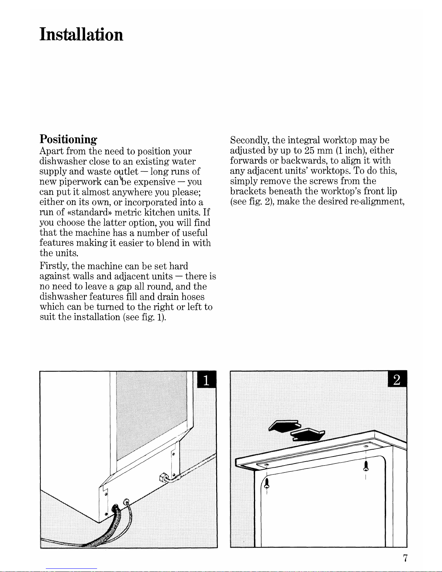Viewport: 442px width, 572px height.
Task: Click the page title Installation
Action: tap(81, 35)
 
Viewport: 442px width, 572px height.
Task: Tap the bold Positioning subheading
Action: tap(69, 140)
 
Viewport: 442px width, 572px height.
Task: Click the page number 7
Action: tap(406, 558)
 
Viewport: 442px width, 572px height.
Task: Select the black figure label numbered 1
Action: tap(206, 380)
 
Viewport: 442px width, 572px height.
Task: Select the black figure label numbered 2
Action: tap(397, 379)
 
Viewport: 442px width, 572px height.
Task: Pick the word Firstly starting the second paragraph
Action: tap(54, 266)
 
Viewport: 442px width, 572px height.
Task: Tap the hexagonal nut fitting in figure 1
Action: tap(163, 477)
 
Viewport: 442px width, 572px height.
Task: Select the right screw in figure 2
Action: tap(366, 466)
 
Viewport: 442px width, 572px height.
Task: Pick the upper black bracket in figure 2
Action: tap(284, 426)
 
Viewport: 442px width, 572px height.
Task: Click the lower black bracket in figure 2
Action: tap(307, 435)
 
